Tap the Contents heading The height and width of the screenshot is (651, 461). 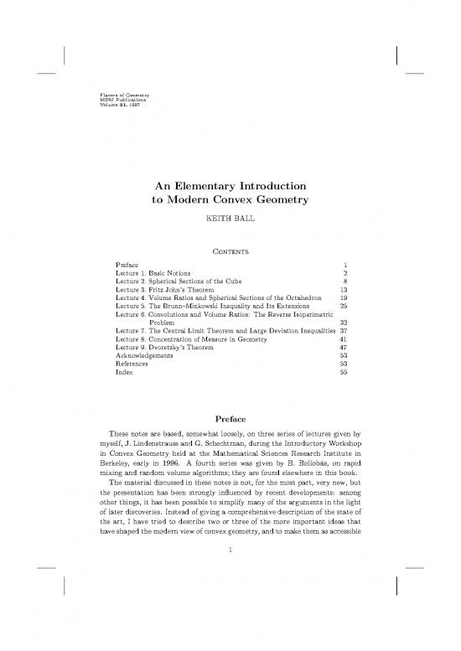point(230,250)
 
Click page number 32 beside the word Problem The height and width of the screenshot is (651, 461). point(343,345)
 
